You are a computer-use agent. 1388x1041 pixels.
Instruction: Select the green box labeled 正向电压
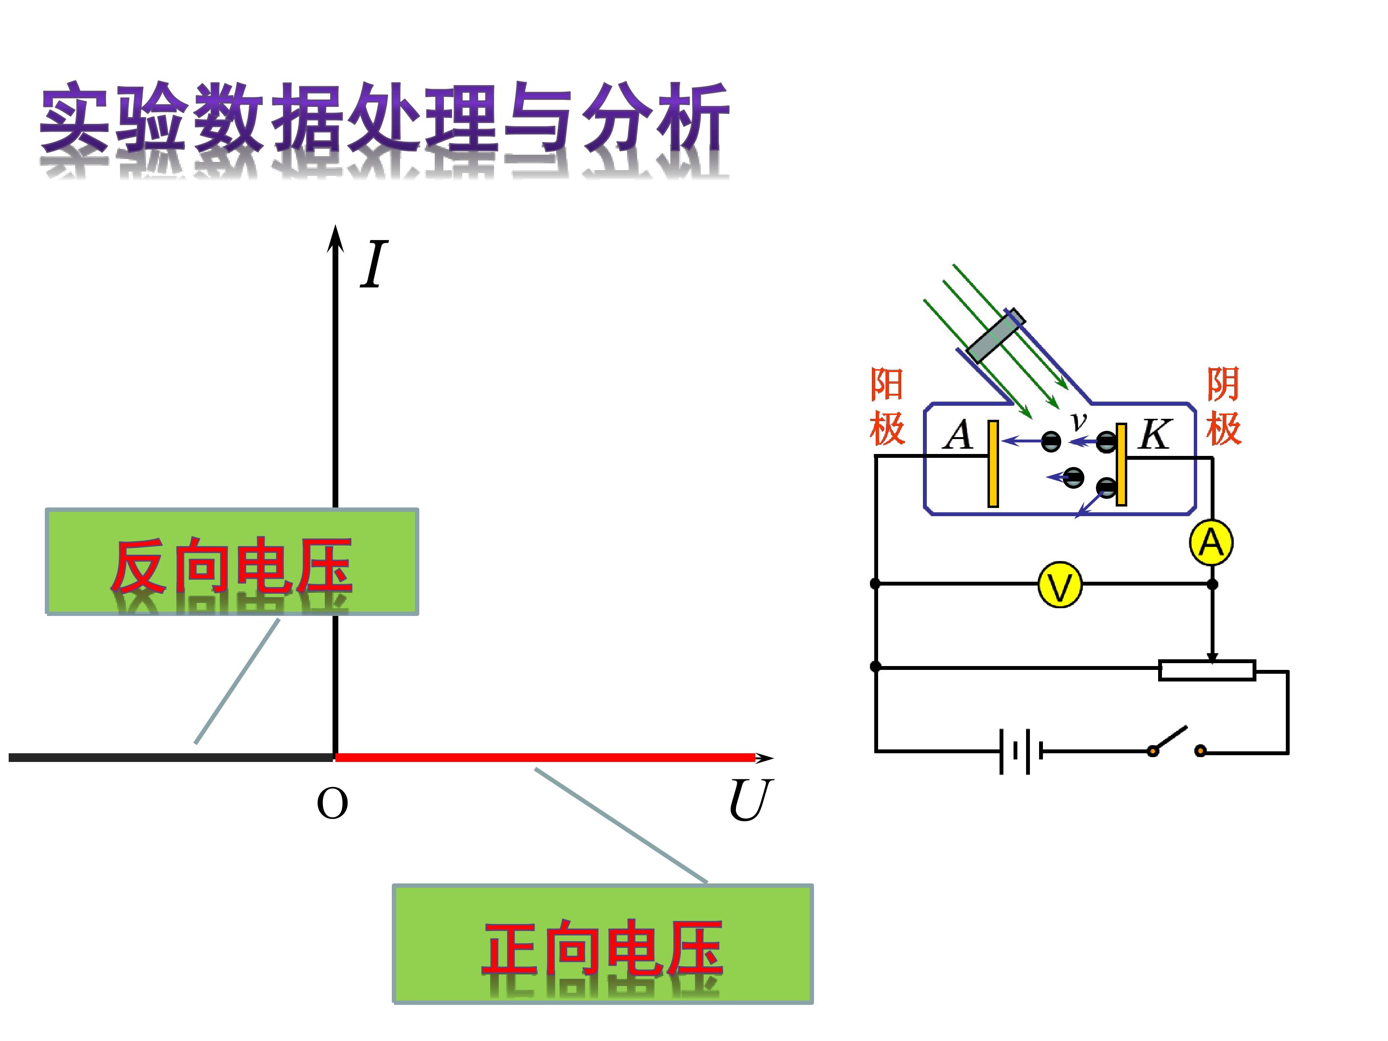click(603, 944)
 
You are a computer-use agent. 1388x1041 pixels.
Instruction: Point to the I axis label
click(374, 264)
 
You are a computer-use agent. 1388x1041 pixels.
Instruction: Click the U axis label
click(750, 800)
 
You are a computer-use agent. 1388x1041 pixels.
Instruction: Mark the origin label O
click(332, 804)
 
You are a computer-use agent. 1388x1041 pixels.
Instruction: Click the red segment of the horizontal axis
click(545, 758)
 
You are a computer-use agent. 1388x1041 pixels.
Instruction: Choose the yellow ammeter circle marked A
click(1211, 542)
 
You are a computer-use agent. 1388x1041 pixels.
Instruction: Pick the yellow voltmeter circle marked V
click(1060, 584)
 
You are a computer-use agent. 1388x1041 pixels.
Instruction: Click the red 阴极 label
click(1224, 407)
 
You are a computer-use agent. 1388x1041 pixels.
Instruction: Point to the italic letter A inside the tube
click(958, 434)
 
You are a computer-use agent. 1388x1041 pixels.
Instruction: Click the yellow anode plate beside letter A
click(993, 464)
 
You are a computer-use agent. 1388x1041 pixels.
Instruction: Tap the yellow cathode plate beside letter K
click(1121, 464)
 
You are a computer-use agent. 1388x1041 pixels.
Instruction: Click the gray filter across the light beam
click(996, 336)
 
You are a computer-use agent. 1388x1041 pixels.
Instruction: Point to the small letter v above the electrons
click(1078, 420)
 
